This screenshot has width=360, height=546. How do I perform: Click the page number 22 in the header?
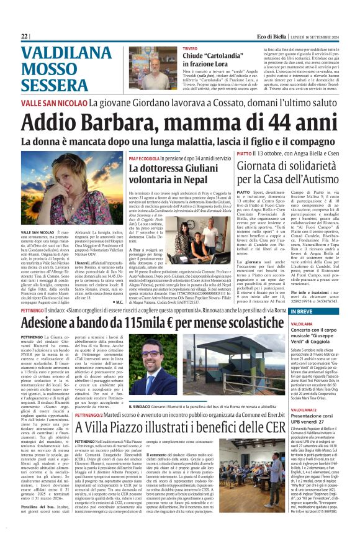(25, 36)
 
